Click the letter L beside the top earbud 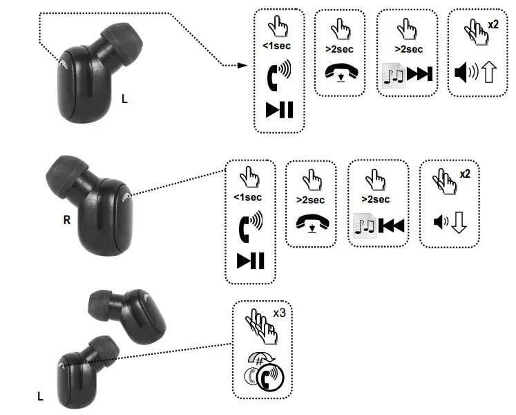pos(124,99)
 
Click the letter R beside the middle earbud pos(67,221)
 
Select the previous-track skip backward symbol pos(391,225)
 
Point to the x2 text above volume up pos(493,24)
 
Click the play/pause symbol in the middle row pos(250,261)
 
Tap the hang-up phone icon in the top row pos(339,72)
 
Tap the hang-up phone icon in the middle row pos(311,222)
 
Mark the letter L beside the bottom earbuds pos(40,396)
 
